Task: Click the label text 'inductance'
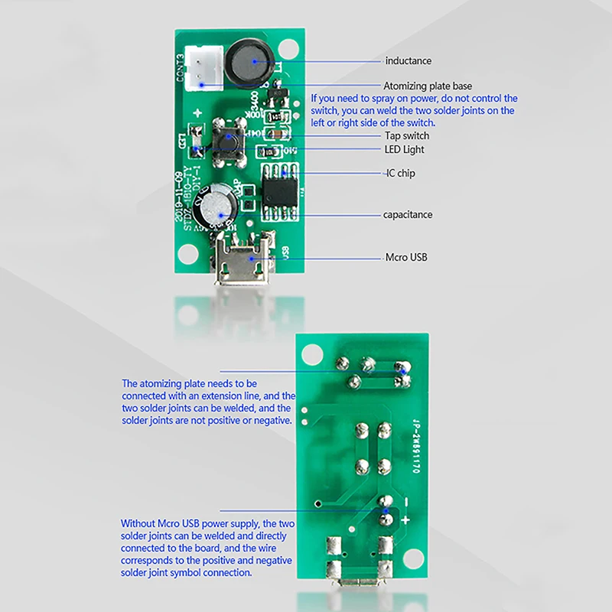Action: pyautogui.click(x=408, y=60)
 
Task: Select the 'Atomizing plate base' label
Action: pyautogui.click(x=428, y=86)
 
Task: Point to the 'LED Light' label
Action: pyautogui.click(x=405, y=149)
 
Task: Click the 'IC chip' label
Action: pyautogui.click(x=400, y=174)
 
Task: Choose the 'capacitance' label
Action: pyautogui.click(x=408, y=214)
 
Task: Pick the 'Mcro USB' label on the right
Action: pyautogui.click(x=406, y=257)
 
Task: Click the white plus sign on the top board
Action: pyautogui.click(x=197, y=113)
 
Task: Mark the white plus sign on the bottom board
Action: pyautogui.click(x=405, y=520)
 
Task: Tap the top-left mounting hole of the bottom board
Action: pyautogui.click(x=312, y=353)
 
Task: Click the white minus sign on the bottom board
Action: pyautogui.click(x=406, y=501)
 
